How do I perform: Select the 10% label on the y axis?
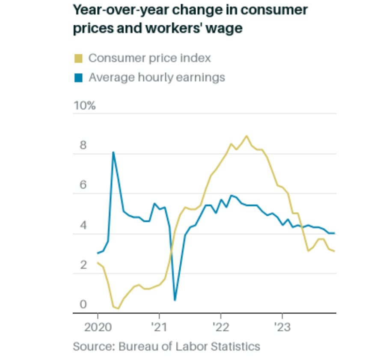pyautogui.click(x=84, y=106)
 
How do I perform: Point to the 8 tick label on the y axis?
pyautogui.click(x=83, y=146)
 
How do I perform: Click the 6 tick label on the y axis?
pyautogui.click(x=83, y=185)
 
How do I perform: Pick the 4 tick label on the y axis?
pyautogui.click(x=83, y=226)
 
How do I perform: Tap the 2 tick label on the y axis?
pyautogui.click(x=83, y=265)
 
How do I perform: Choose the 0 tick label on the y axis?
pyautogui.click(x=83, y=305)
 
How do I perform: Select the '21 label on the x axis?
pyautogui.click(x=159, y=327)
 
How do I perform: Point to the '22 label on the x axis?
pyautogui.click(x=220, y=327)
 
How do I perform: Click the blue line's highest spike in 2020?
pyautogui.click(x=113, y=152)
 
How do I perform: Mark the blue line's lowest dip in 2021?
pyautogui.click(x=175, y=300)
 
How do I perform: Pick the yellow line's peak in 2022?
pyautogui.click(x=246, y=136)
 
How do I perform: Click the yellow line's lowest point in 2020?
pyautogui.click(x=118, y=308)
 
